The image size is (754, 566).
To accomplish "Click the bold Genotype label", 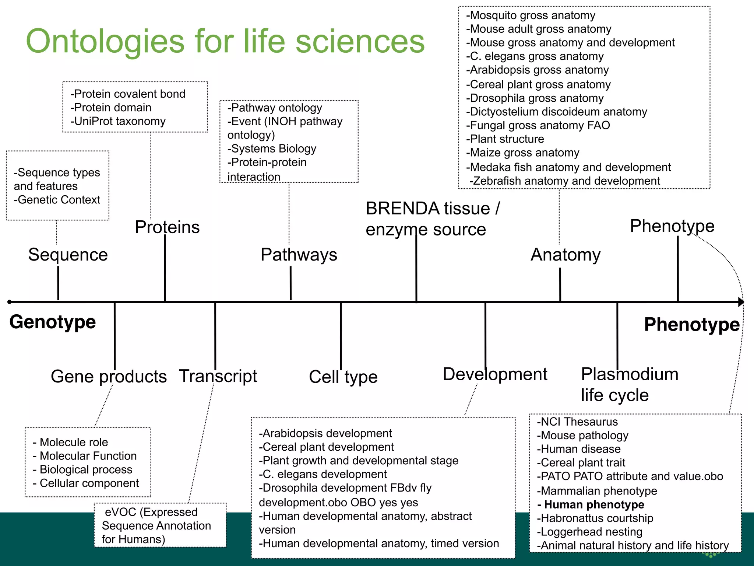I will [53, 322].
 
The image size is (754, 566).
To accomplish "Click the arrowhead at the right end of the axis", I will [741, 302].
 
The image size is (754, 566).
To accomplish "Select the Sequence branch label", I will [68, 255].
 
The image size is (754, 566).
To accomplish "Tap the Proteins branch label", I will [167, 227].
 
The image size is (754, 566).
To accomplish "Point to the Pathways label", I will [299, 255].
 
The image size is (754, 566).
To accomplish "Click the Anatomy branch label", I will [565, 255].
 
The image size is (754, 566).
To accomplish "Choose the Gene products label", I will [109, 377].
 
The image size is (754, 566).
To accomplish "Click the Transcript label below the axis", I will [218, 376].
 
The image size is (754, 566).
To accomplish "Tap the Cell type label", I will [343, 377].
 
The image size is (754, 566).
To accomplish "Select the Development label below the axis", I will [495, 374].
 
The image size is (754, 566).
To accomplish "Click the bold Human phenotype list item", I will [591, 504].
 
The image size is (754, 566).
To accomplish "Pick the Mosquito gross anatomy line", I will [531, 15].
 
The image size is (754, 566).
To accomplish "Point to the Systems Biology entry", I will [272, 149].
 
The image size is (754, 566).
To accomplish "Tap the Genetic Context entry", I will [57, 200].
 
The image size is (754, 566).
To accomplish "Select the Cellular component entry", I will [86, 483].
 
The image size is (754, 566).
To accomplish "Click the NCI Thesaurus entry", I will [577, 422].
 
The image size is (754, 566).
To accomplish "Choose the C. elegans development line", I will [323, 474].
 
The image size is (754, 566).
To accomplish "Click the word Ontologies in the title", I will [105, 41].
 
